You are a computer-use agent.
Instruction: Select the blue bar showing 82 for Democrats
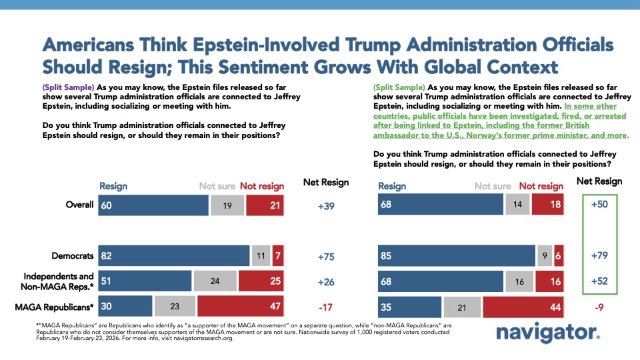pyautogui.click(x=173, y=255)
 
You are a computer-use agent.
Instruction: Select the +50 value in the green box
pyautogui.click(x=599, y=205)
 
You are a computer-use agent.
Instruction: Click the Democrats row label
pyautogui.click(x=73, y=255)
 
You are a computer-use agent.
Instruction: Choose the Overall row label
pyautogui.click(x=79, y=205)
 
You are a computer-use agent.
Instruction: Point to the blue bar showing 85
pyautogui.click(x=457, y=255)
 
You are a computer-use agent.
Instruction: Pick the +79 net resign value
pyautogui.click(x=599, y=255)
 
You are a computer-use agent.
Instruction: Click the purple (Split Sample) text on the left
pyautogui.click(x=69, y=87)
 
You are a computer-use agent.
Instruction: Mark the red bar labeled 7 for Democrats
pyautogui.click(x=278, y=255)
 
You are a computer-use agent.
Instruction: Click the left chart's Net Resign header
pyautogui.click(x=327, y=182)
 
